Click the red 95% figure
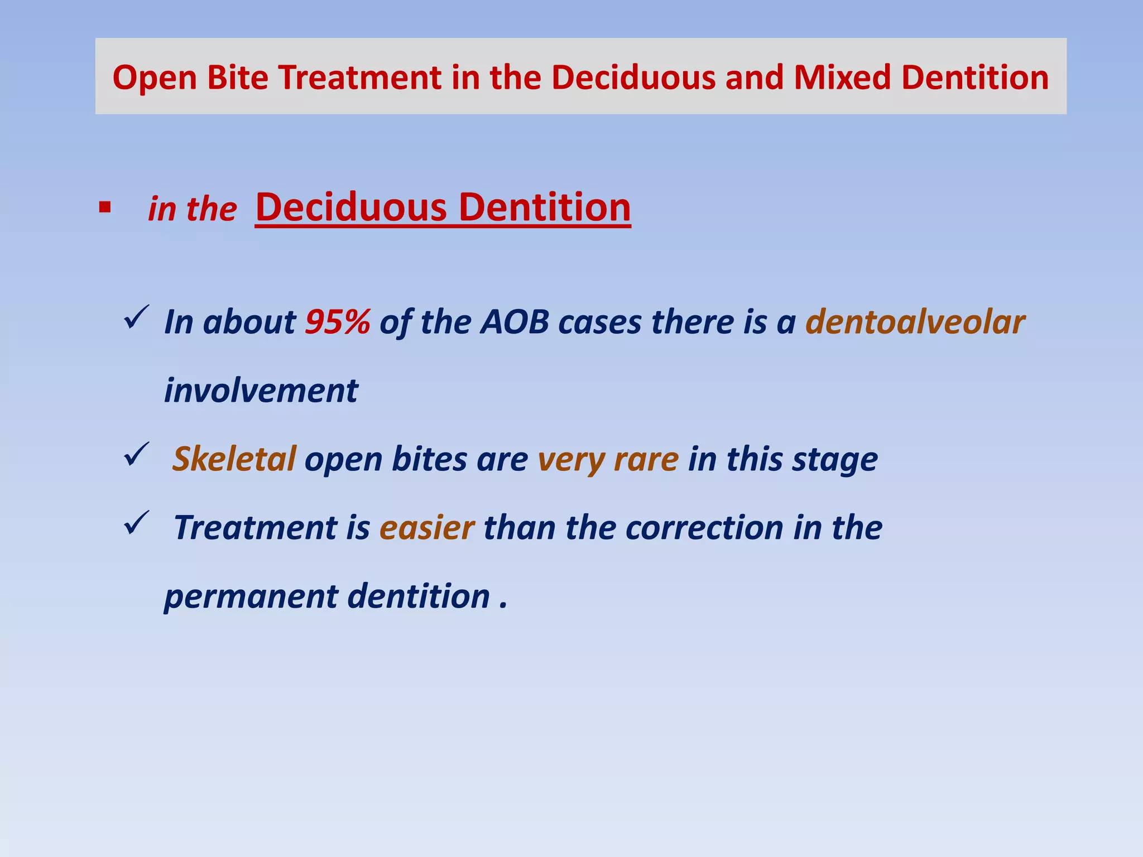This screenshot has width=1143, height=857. click(x=338, y=322)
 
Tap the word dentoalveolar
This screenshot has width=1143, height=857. click(x=915, y=322)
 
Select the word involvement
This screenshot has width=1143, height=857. click(x=261, y=391)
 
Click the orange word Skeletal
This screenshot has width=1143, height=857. click(x=234, y=459)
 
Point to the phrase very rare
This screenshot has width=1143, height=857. click(x=608, y=459)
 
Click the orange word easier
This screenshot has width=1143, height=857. click(x=427, y=528)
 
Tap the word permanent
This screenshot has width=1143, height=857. click(x=251, y=597)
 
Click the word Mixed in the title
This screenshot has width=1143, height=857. click(x=842, y=77)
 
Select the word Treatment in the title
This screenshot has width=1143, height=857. click(x=360, y=77)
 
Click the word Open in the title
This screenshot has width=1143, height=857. click(x=155, y=77)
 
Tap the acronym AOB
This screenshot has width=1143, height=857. click(x=515, y=322)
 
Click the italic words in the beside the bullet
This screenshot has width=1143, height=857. click(x=192, y=210)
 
